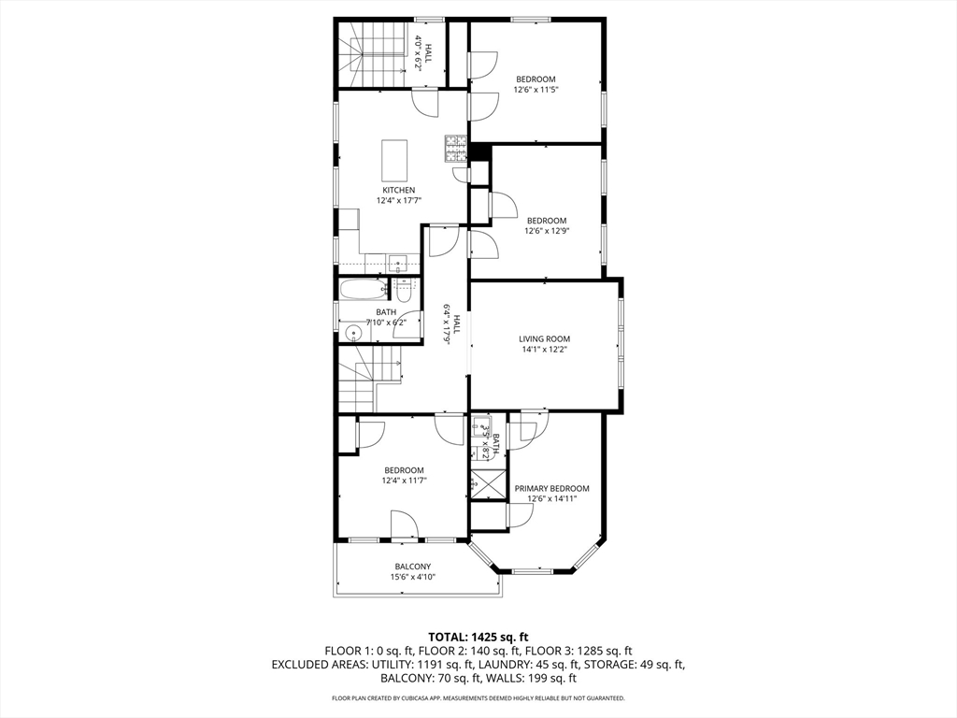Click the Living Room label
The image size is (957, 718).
[x=545, y=338]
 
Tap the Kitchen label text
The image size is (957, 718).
[x=398, y=190]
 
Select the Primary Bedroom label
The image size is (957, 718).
[x=551, y=488]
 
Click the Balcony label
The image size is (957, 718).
[x=412, y=567]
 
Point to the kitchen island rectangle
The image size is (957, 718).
[x=394, y=159]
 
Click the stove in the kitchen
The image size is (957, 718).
[x=455, y=149]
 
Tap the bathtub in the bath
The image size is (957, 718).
[x=364, y=290]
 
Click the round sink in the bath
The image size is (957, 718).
[x=353, y=334]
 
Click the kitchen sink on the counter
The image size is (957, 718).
[x=399, y=264]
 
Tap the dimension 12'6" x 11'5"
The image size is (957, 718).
[x=536, y=89]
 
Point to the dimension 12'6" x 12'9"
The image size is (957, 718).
[x=547, y=231]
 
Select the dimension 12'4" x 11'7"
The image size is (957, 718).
[x=403, y=481]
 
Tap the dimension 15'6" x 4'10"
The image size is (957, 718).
[x=412, y=577]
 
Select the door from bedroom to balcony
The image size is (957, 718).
[x=404, y=526]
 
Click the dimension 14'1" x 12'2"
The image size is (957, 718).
[x=545, y=350]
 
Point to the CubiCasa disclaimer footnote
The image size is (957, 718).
[x=478, y=697]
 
